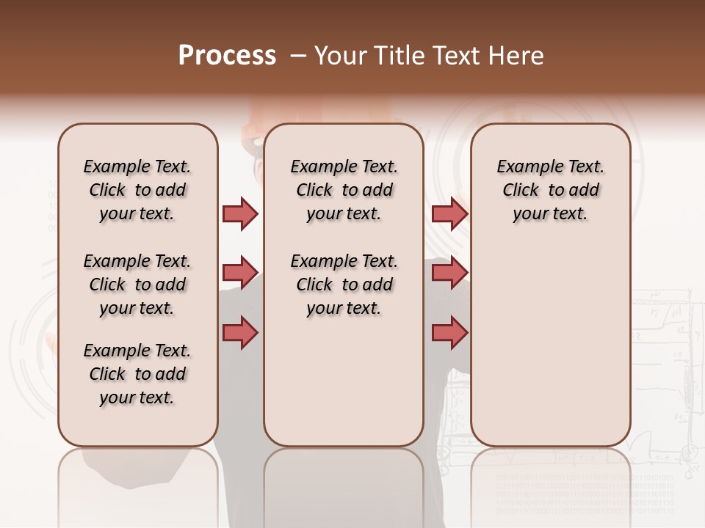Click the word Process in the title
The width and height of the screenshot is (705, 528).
[x=227, y=56]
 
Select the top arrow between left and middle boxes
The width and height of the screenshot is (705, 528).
[x=240, y=213]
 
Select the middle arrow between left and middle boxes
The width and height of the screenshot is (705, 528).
[x=240, y=273]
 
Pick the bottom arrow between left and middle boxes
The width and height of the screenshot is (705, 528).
[x=240, y=332]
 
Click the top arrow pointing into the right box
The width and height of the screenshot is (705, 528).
[x=449, y=213]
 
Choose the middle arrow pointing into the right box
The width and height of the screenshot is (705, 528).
[x=449, y=273]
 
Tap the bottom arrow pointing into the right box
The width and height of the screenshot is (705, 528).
[x=449, y=332]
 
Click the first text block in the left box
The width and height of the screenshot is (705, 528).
[x=137, y=190]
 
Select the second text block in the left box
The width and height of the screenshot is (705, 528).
[x=137, y=285]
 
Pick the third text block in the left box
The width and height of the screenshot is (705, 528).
[x=137, y=374]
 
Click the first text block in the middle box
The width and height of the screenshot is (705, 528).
[x=344, y=190]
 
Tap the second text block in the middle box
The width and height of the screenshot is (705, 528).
[x=344, y=285]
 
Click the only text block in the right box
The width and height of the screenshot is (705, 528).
[x=550, y=190]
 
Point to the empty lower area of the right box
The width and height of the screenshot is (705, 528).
[x=550, y=352]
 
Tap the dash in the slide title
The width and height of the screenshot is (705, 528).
[x=297, y=56]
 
